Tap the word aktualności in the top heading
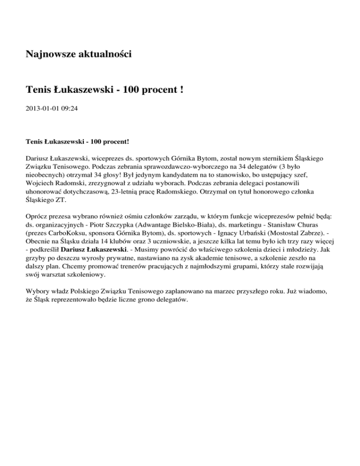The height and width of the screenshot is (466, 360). click(105, 54)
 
